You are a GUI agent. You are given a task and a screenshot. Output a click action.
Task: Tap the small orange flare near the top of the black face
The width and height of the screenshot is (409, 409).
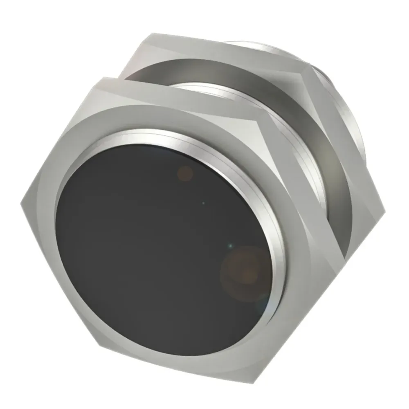click(186, 173)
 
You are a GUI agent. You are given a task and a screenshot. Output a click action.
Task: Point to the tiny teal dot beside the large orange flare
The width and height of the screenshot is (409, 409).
click(230, 246)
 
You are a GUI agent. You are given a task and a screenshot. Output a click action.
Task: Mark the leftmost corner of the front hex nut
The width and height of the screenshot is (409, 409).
click(20, 202)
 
